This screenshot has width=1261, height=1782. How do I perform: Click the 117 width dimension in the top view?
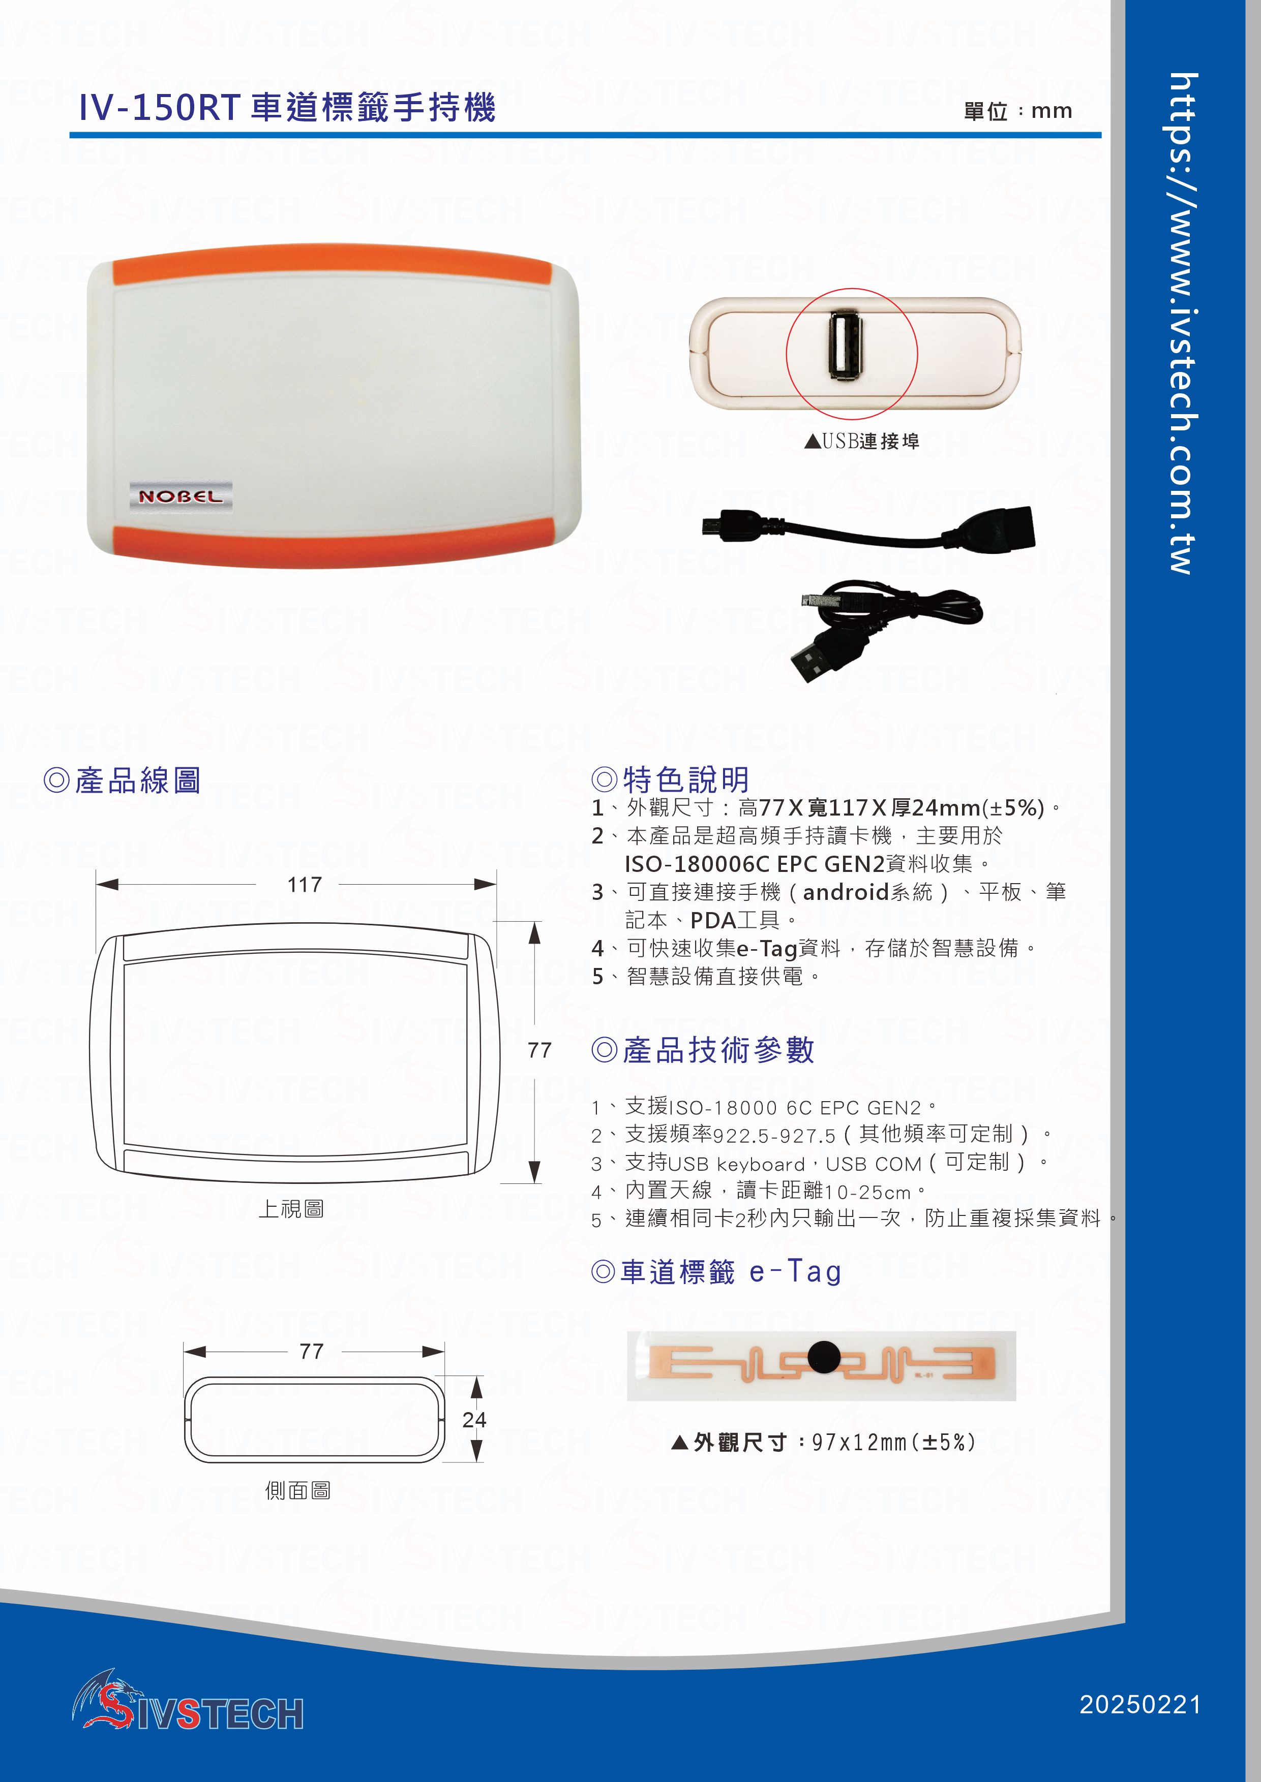coord(305,885)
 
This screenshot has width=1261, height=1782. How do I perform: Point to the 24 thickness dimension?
coord(474,1420)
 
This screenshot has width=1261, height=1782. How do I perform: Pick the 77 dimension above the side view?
coord(311,1351)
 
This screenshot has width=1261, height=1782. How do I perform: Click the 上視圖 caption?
coord(291,1208)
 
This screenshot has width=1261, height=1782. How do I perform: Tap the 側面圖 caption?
coord(298,1490)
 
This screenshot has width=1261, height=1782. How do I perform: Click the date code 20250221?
coord(1140,1704)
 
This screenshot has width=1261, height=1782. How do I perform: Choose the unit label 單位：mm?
coord(1017,111)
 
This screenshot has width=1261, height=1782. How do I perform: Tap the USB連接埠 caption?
coord(862,442)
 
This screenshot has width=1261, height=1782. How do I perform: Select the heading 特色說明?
coord(672,779)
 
